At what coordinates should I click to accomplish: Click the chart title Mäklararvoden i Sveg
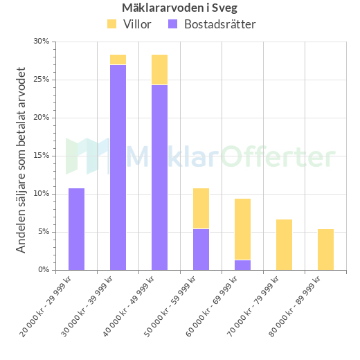click(x=179, y=8)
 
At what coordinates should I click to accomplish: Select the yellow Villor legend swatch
click(x=112, y=24)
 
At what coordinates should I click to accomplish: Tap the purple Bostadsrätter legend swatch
click(x=172, y=24)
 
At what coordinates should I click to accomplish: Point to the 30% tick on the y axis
click(x=42, y=42)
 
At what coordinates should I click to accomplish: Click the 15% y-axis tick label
click(x=42, y=156)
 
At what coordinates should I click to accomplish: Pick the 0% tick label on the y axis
click(x=44, y=270)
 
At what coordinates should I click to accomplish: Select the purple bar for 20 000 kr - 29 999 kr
click(x=76, y=229)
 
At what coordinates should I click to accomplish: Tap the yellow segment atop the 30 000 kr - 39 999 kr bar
click(x=118, y=60)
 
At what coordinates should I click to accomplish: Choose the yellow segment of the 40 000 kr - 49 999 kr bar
click(x=159, y=69)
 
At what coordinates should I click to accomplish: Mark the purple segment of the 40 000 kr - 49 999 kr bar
click(x=159, y=177)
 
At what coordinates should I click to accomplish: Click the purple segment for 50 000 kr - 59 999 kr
click(x=201, y=249)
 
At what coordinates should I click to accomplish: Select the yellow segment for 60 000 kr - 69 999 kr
click(x=242, y=229)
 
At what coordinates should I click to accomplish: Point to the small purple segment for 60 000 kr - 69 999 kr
click(x=242, y=265)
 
